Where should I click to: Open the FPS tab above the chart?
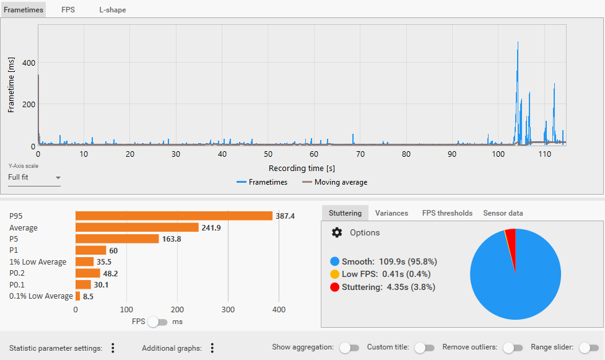coord(68,10)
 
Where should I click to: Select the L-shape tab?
coord(113,10)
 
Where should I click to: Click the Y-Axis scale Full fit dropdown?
coord(35,178)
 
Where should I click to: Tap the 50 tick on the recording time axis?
coord(268,154)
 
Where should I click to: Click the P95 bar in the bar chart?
coord(173,216)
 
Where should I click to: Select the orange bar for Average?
coord(137,227)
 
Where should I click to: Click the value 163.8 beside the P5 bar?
coord(171,239)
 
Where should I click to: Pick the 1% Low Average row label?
coord(38,262)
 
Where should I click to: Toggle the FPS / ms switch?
coord(158,322)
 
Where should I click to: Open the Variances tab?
coord(391,213)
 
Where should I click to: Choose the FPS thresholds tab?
coord(447,213)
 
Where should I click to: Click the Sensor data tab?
coord(503,213)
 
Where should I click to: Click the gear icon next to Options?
coord(337,232)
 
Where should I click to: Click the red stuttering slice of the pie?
coord(511,234)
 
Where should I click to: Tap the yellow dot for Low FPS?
coord(335,274)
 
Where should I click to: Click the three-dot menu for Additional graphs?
coord(212,348)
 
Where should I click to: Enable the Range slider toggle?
coord(588,348)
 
